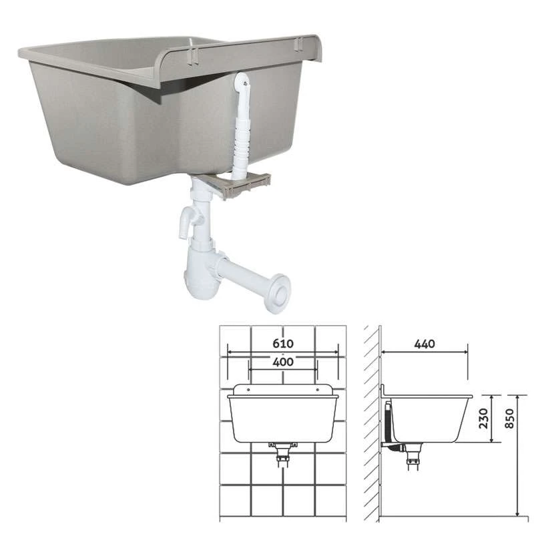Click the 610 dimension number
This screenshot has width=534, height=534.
coord(283,344)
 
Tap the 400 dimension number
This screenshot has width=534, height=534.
coord(283,362)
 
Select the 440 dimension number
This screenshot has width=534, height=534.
coord(425,344)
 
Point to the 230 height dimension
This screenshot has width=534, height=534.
coord(483,419)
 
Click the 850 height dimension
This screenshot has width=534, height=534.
coord(509,419)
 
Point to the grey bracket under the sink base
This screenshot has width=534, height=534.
coord(238,184)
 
